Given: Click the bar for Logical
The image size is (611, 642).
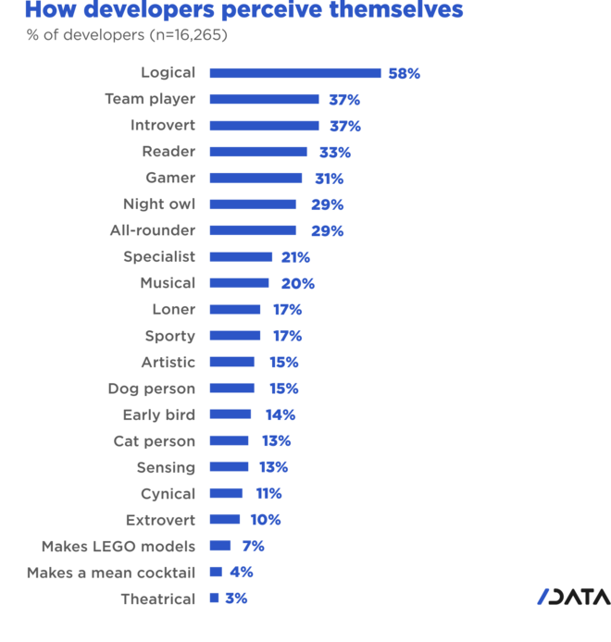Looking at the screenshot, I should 294,73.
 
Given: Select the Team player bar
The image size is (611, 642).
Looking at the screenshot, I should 264,99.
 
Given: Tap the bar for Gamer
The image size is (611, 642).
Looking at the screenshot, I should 256,178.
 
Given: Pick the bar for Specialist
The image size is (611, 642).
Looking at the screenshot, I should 241,256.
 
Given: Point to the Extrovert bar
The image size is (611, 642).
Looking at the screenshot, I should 225,519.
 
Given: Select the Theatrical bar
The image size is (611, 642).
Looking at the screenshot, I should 214,598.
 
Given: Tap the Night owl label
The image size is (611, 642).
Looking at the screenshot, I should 158,204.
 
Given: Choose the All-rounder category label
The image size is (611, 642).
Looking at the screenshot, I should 152,230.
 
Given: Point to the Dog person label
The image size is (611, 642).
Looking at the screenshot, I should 151,388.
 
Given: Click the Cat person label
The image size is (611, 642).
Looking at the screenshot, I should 154,440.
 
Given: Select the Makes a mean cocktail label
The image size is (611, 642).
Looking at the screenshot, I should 110,572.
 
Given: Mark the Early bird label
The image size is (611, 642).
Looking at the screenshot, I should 158,414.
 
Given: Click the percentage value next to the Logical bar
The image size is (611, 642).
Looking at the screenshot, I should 405,73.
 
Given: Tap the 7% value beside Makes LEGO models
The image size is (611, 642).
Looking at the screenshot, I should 253,546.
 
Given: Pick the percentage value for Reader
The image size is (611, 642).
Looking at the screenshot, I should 334,152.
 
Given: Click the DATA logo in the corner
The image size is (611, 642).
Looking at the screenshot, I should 571,597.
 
